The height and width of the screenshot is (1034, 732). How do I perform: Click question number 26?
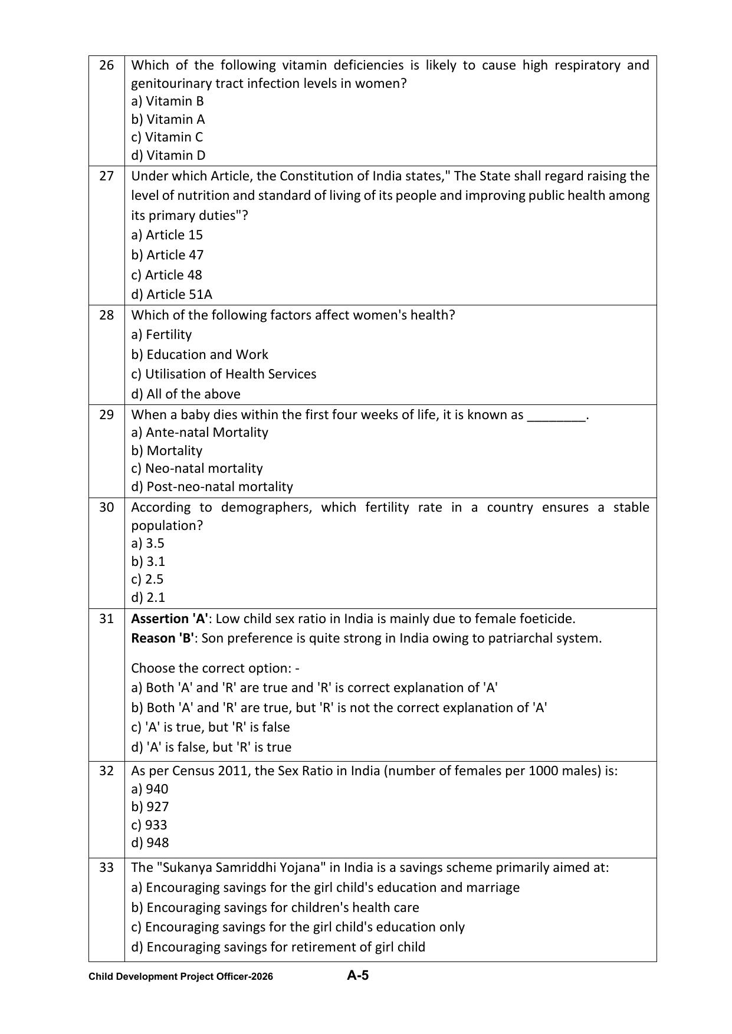point(106,65)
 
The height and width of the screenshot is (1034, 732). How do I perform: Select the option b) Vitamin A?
point(168,119)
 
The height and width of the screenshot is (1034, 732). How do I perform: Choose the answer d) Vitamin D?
point(168,155)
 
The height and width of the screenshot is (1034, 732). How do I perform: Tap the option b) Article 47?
point(168,255)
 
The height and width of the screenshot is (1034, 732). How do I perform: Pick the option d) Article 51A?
point(172,294)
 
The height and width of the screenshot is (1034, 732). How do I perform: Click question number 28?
point(106,315)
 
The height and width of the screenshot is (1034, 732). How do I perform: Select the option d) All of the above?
point(186,394)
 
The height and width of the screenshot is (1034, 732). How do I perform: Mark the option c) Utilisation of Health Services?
point(224,374)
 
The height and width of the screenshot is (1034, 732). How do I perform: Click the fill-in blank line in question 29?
point(556,416)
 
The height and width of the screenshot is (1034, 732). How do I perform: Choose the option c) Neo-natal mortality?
point(197,468)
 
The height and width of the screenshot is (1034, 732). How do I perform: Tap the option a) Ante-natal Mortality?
point(199,432)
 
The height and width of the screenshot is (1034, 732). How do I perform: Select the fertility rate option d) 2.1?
point(148,597)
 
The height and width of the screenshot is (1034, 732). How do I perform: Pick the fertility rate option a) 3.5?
point(147,543)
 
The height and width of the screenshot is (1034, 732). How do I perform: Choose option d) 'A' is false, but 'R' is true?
point(211,747)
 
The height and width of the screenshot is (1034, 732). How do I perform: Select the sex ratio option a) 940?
point(150,789)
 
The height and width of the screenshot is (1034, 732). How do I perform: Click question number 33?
point(106,867)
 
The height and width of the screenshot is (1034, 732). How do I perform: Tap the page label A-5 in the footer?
point(357,975)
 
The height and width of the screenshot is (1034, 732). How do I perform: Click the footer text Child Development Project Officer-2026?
point(180,976)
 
